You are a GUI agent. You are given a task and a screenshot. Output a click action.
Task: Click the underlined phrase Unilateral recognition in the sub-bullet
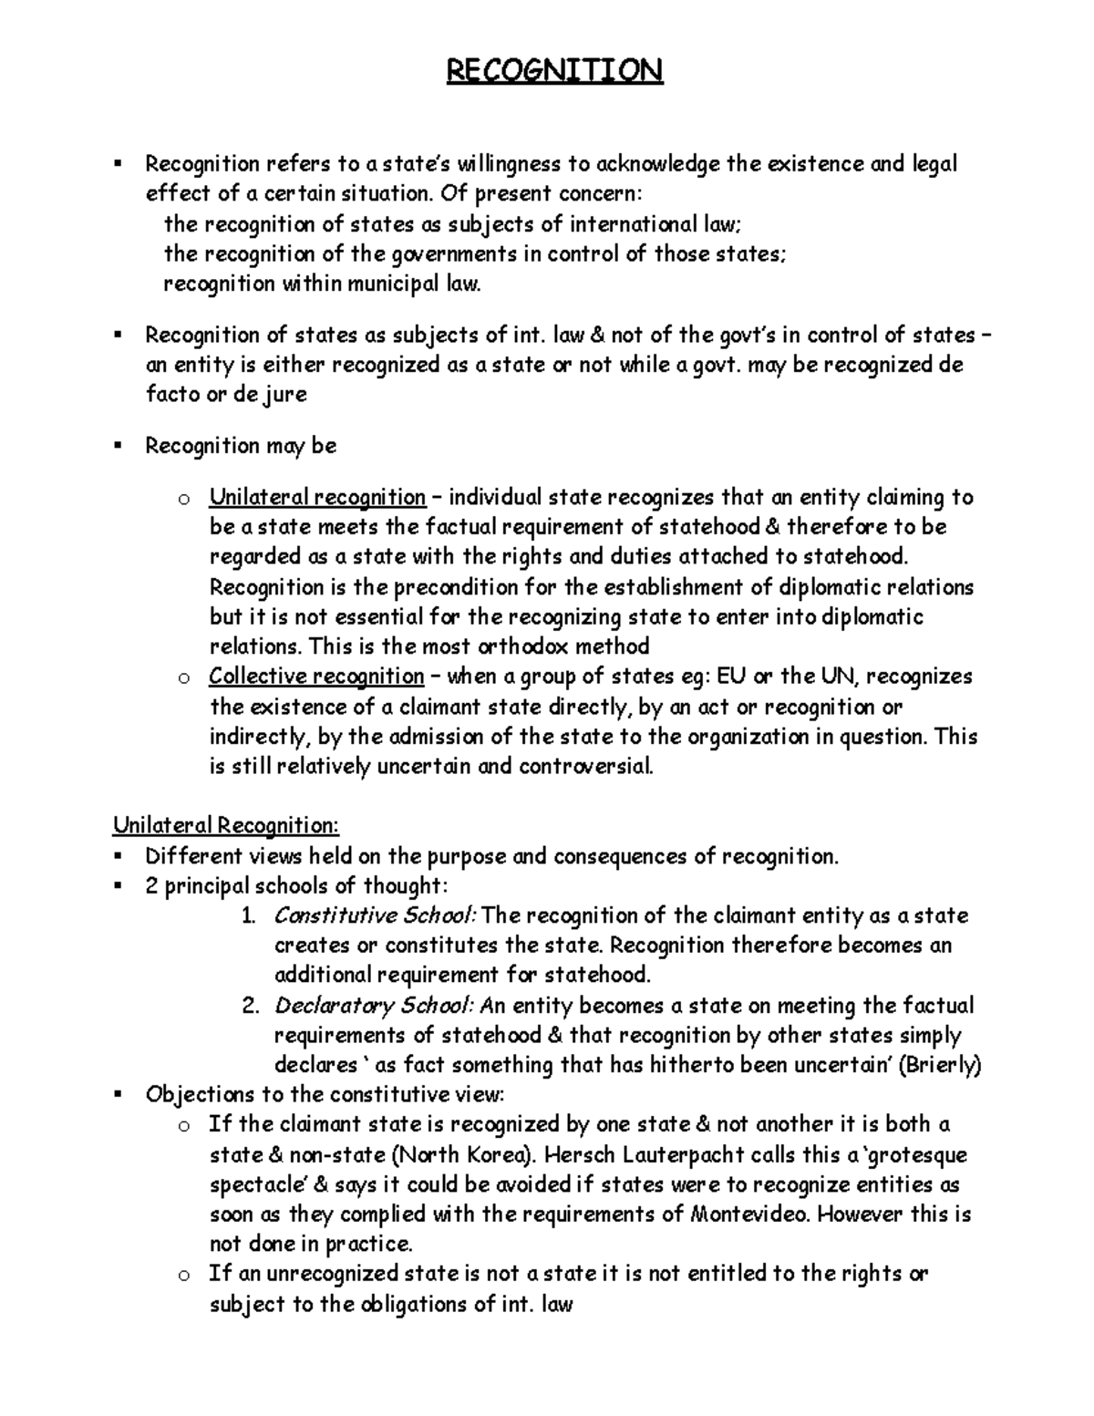[317, 498]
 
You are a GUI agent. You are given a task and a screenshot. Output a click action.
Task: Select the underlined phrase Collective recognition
[316, 677]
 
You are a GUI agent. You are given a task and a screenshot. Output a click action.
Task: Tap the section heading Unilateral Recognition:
[225, 826]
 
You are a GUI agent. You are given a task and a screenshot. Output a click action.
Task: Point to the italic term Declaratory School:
[374, 1006]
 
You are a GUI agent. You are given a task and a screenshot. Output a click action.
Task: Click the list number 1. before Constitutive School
[249, 915]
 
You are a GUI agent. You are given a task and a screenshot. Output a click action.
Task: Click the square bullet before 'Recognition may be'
[118, 446]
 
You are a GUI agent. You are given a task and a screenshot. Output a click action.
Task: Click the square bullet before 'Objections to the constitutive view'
[118, 1094]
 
